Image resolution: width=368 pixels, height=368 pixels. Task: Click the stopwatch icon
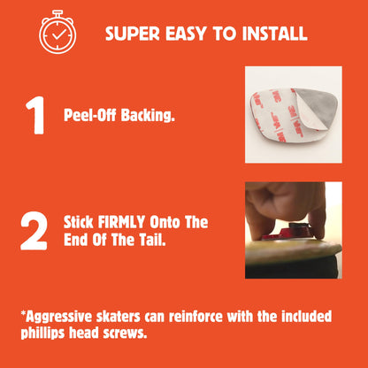tap(57, 32)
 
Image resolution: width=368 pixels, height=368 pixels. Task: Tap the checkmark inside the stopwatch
tap(59, 34)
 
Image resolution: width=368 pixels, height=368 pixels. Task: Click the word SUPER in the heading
tap(133, 34)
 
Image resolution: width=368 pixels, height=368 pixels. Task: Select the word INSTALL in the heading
tap(274, 34)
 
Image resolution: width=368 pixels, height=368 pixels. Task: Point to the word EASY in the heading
tap(186, 34)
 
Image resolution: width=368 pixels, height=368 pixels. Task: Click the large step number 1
tap(35, 115)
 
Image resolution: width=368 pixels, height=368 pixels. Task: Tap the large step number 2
tap(34, 231)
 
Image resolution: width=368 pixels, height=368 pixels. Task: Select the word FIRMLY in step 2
tap(121, 222)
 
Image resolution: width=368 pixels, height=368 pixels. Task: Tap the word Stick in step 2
tap(79, 222)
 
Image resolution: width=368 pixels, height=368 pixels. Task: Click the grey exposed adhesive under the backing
tap(321, 103)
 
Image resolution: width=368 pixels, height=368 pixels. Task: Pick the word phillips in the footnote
tap(42, 333)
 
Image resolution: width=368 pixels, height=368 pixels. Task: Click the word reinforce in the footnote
tap(195, 317)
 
